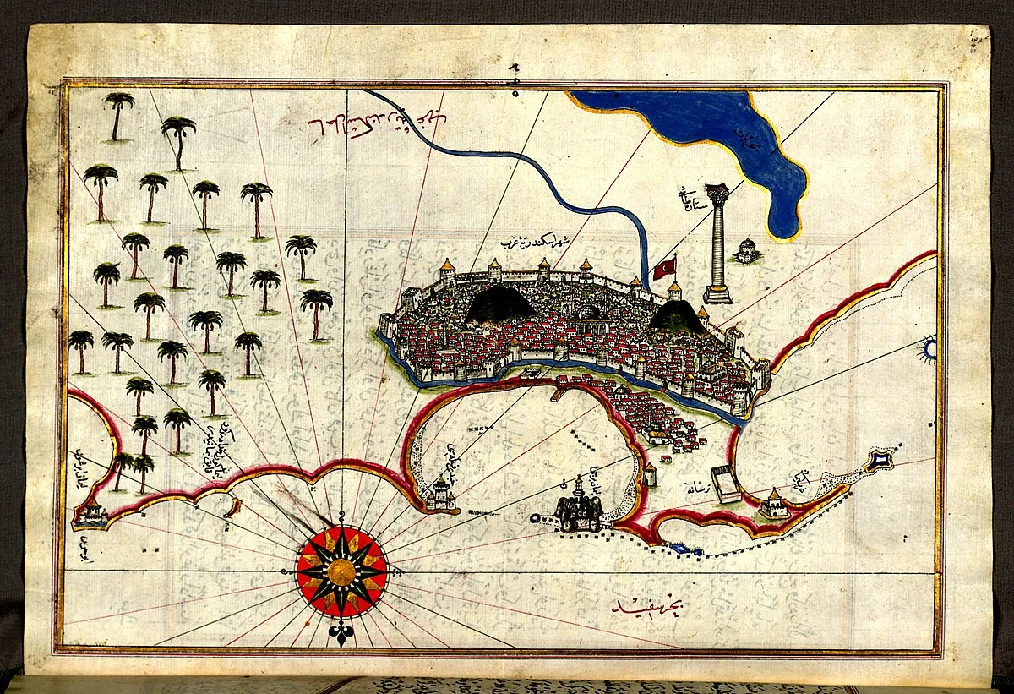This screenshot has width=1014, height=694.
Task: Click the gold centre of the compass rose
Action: [x=341, y=572]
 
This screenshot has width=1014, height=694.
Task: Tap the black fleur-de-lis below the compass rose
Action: [x=341, y=635]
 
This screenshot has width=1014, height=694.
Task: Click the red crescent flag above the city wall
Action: [x=663, y=269]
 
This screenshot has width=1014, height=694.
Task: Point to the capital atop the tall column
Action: [x=718, y=194]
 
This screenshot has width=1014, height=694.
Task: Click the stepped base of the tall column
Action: [x=718, y=293]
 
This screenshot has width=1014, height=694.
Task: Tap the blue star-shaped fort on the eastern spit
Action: [x=881, y=460]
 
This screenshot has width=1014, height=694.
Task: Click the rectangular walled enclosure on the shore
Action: [x=726, y=484]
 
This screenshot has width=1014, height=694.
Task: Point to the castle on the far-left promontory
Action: [x=90, y=513]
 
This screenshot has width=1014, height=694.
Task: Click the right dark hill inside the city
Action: [x=678, y=316]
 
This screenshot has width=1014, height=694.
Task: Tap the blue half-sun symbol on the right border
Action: [x=929, y=348]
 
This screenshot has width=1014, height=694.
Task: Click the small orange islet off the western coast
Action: [x=234, y=507]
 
